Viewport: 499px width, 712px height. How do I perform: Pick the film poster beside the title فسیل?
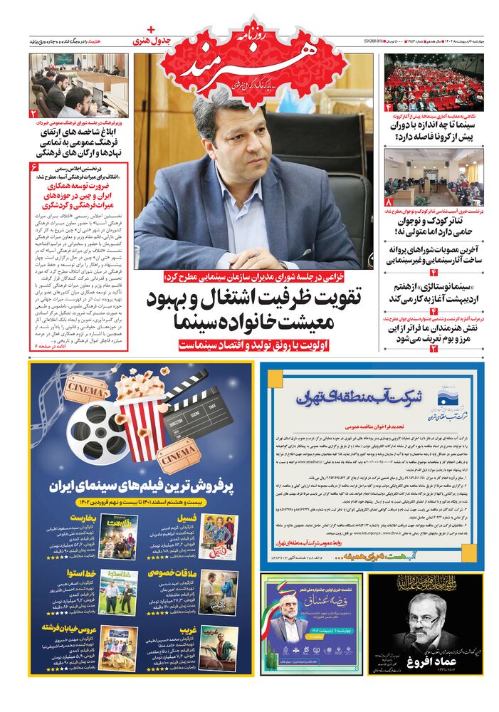219,536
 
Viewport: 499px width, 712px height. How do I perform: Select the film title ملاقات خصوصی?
169,570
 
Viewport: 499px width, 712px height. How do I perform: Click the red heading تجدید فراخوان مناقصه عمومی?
374,429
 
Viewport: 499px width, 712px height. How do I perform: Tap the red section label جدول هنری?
159,41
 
